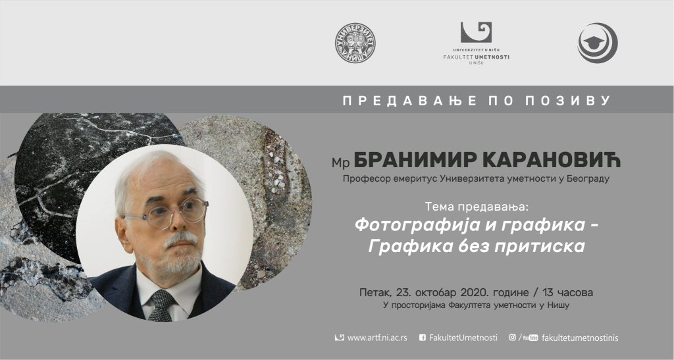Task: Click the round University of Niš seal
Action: [x=355, y=43]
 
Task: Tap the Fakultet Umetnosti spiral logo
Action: [x=476, y=33]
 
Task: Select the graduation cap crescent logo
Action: [x=598, y=43]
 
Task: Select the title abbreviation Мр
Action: [x=340, y=163]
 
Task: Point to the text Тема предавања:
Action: [x=476, y=207]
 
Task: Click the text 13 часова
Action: [x=568, y=293]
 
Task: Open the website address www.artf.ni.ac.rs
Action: [x=377, y=338]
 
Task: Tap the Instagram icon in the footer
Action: [x=512, y=337]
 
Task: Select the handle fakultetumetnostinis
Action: [x=581, y=338]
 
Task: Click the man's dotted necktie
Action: [x=161, y=305]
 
